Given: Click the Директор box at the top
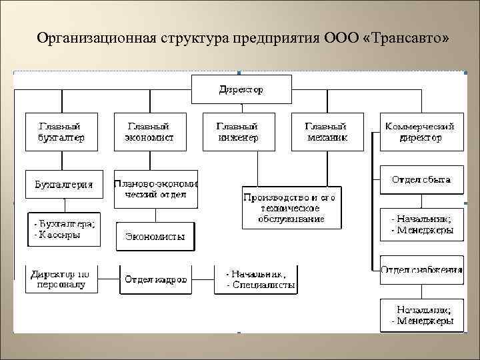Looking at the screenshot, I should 241,89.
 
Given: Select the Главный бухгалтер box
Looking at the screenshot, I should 61,131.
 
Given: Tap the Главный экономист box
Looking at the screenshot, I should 149,131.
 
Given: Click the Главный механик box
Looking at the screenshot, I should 327,131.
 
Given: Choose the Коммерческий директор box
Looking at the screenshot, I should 421,131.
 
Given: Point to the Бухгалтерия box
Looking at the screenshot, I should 64,184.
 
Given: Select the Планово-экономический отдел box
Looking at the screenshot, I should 156,189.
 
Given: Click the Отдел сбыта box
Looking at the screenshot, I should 421,180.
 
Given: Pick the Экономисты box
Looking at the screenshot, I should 155,237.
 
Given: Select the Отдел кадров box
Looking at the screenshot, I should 155,279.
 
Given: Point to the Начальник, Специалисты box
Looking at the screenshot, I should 256,279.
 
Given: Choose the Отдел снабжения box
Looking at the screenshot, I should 421,269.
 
